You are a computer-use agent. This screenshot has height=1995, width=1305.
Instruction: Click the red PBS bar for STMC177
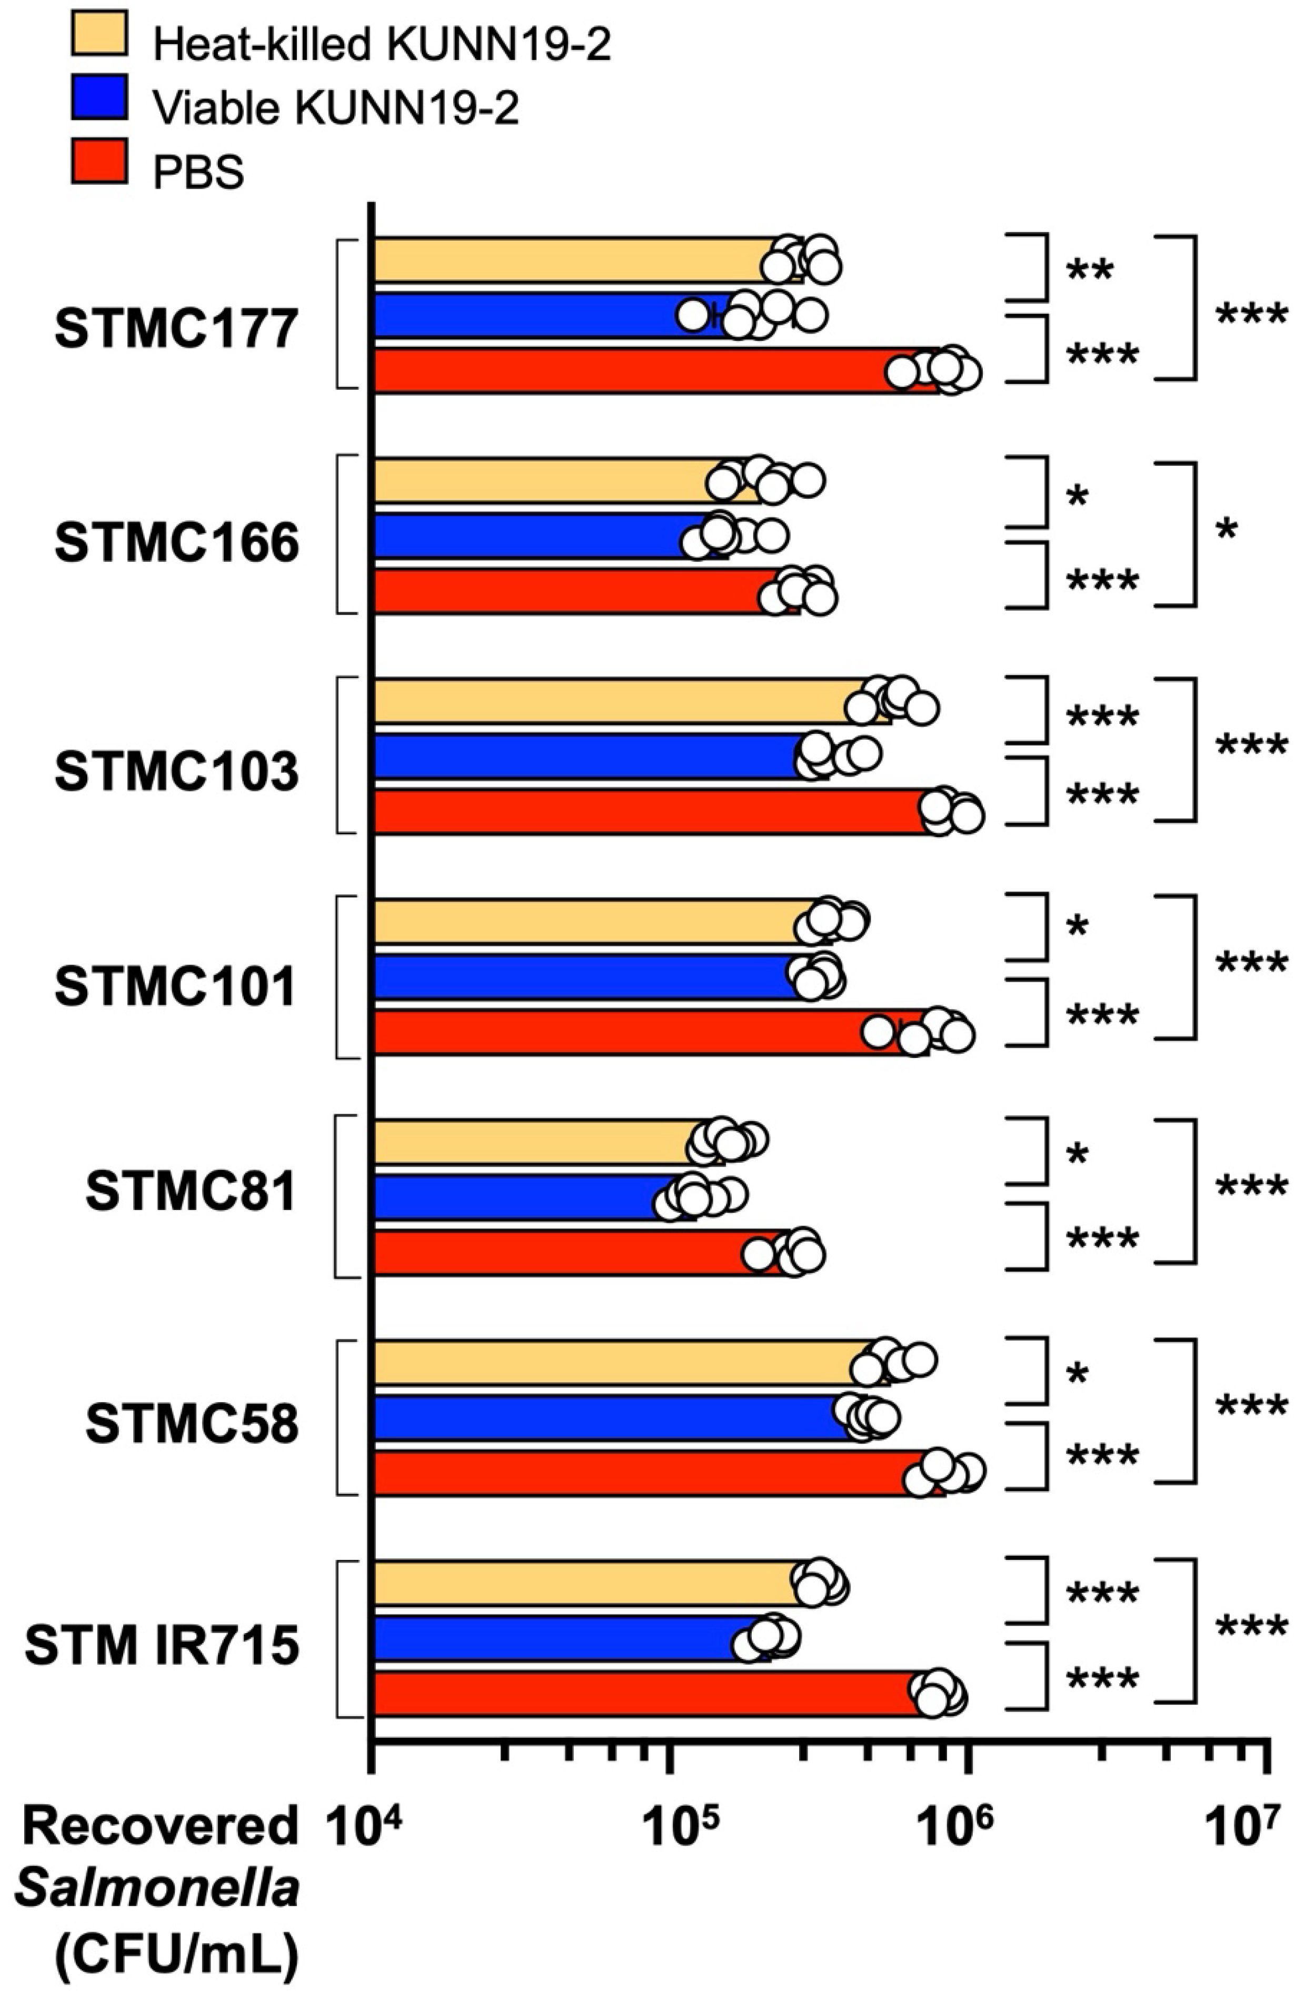[629, 370]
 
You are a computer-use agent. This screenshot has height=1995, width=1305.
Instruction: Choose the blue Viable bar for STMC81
[520, 1197]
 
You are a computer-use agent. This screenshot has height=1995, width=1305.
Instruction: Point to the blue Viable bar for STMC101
[579, 976]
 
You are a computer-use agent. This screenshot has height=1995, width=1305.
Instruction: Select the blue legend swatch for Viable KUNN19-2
[99, 96]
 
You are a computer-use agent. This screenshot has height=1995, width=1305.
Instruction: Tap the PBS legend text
[198, 172]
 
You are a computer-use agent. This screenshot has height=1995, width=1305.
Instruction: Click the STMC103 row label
[176, 772]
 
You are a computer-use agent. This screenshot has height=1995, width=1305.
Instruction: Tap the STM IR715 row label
[162, 1646]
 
